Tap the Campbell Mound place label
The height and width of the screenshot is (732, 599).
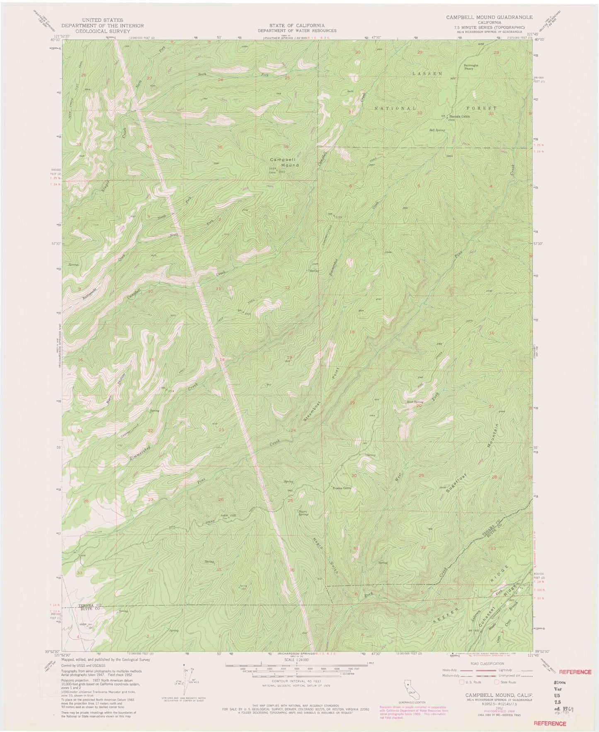[x=284, y=162]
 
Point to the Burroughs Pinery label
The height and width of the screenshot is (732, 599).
[x=471, y=67]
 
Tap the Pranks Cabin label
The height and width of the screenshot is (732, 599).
[x=342, y=488]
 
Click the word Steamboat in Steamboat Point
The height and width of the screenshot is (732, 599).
[x=308, y=417]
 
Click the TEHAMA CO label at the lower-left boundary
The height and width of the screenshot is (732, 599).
[x=88, y=606]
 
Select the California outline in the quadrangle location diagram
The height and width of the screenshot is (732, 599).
[x=408, y=686]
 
